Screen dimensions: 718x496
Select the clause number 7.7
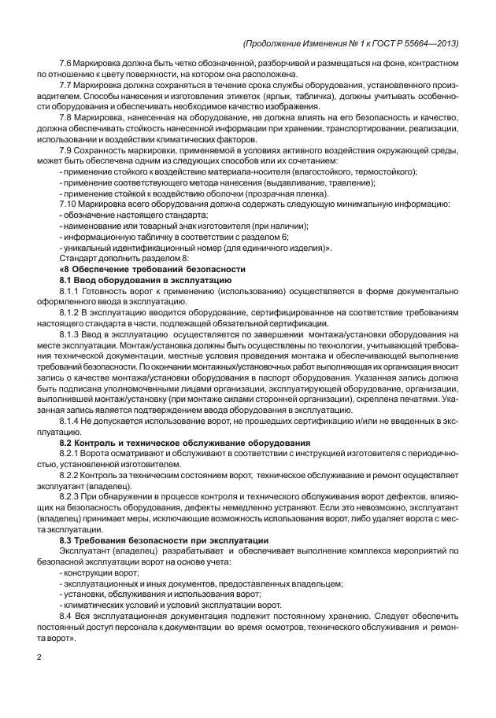pos(67,83)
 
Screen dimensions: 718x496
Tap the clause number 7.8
pos(67,116)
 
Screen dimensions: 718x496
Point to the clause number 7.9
pos(67,149)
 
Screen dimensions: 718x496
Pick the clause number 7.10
pos(69,204)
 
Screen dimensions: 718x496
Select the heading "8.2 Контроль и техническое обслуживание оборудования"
pos(185,443)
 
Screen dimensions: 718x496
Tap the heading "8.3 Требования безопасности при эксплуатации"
pos(165,540)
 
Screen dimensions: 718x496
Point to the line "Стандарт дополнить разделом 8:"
pos(124,258)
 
